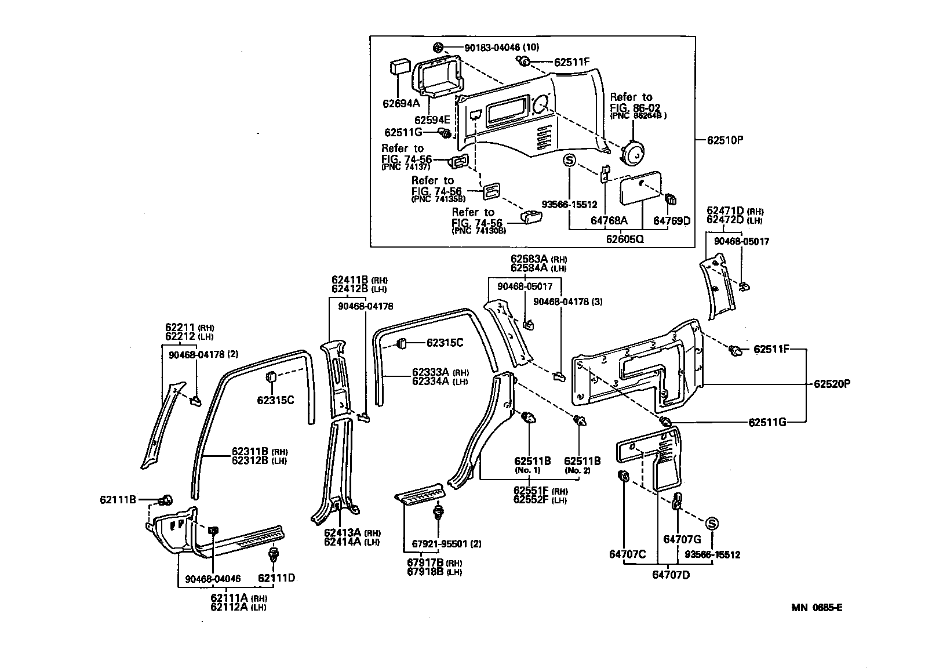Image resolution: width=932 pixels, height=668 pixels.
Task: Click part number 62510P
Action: coord(725,140)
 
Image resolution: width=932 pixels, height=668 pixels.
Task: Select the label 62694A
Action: coord(401,104)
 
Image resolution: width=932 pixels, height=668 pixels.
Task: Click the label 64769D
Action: coord(672,221)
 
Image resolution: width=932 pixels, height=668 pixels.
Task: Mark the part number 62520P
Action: coord(831,384)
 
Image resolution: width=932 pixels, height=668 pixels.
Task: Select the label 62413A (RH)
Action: coord(351,533)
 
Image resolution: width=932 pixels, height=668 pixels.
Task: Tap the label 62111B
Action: coord(118,499)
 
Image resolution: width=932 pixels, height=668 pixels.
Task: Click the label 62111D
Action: coord(276,578)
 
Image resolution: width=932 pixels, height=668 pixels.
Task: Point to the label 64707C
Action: coord(627,554)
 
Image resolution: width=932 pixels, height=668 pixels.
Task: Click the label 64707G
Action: coord(682,539)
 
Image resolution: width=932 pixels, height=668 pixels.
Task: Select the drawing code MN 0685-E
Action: coord(817,608)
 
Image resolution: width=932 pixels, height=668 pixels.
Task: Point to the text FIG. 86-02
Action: coord(635,108)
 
